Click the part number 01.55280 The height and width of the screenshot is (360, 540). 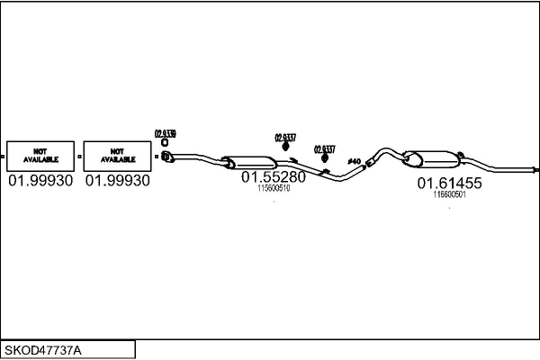[x=274, y=177]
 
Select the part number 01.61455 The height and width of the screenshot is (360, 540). [x=449, y=183]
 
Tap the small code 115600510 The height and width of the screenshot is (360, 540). [x=274, y=189]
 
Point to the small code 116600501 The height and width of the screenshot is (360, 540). [x=449, y=194]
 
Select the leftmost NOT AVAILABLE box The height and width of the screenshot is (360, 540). [x=40, y=156]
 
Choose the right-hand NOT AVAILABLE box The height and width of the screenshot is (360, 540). [x=117, y=156]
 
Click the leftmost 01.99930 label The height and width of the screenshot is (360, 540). [x=40, y=181]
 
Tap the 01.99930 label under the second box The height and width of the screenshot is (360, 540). [x=118, y=181]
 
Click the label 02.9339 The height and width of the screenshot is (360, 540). [x=165, y=133]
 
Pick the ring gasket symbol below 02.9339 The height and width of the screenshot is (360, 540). [x=165, y=143]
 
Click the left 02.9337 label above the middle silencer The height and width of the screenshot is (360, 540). [x=285, y=138]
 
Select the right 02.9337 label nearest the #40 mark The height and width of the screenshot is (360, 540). [x=324, y=149]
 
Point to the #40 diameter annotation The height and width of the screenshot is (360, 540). [x=354, y=162]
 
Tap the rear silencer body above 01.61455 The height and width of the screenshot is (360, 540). [x=432, y=159]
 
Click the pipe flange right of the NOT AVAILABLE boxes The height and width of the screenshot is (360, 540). [x=166, y=159]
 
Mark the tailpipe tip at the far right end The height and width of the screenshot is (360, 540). [x=535, y=168]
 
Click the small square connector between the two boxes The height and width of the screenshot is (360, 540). [x=79, y=157]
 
